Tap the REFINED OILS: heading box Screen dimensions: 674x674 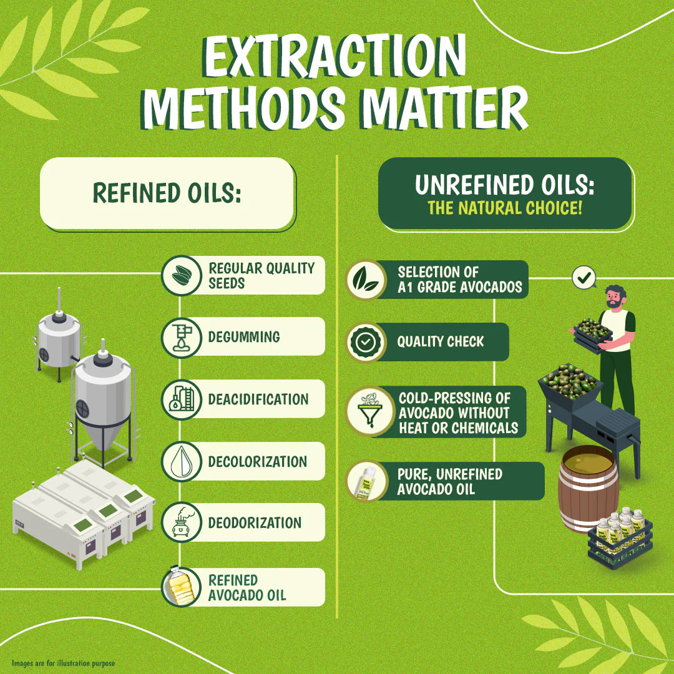pos(168,193)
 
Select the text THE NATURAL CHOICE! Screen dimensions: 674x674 pos(505,208)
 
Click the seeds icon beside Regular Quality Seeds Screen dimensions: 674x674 pos(182,275)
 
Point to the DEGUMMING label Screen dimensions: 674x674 pos(244,336)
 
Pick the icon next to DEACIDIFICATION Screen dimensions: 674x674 pos(182,399)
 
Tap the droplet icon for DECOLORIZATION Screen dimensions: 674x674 pos(182,461)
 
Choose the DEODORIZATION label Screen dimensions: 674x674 pos(255,523)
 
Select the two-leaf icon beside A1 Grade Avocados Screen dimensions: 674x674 pos(366,280)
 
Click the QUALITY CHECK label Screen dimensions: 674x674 pos(440,342)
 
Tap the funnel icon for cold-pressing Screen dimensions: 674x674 pos(370,411)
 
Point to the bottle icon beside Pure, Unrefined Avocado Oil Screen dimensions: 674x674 pos(366,481)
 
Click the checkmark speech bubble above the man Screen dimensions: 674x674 pos(584,278)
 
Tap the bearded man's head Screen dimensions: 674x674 pos(615,296)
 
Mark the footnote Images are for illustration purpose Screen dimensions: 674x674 pos(63,663)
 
